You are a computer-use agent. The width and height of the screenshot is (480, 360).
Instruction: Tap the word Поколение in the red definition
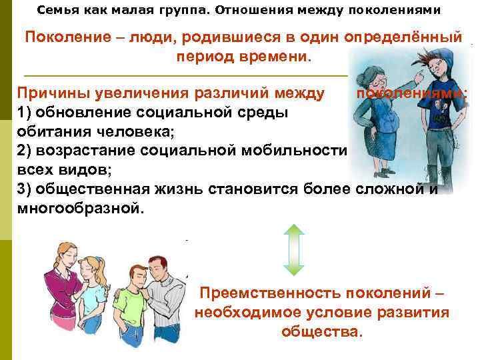click(x=63, y=36)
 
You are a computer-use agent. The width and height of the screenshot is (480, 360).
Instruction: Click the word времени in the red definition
click(x=277, y=57)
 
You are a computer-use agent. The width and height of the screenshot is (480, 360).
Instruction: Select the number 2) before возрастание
click(x=23, y=152)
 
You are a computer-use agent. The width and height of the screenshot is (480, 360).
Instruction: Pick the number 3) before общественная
click(x=23, y=189)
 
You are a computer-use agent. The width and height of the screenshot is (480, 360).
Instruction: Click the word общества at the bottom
click(x=322, y=331)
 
